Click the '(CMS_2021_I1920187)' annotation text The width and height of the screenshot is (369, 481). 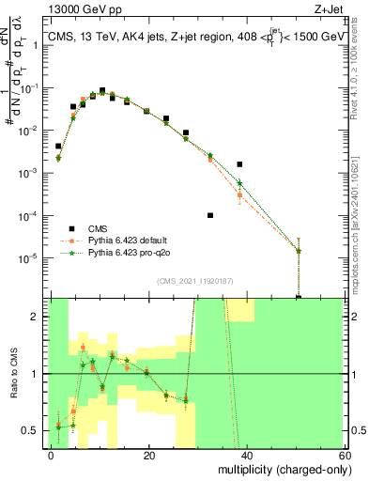(196, 280)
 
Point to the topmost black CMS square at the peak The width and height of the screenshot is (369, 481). (102, 90)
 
